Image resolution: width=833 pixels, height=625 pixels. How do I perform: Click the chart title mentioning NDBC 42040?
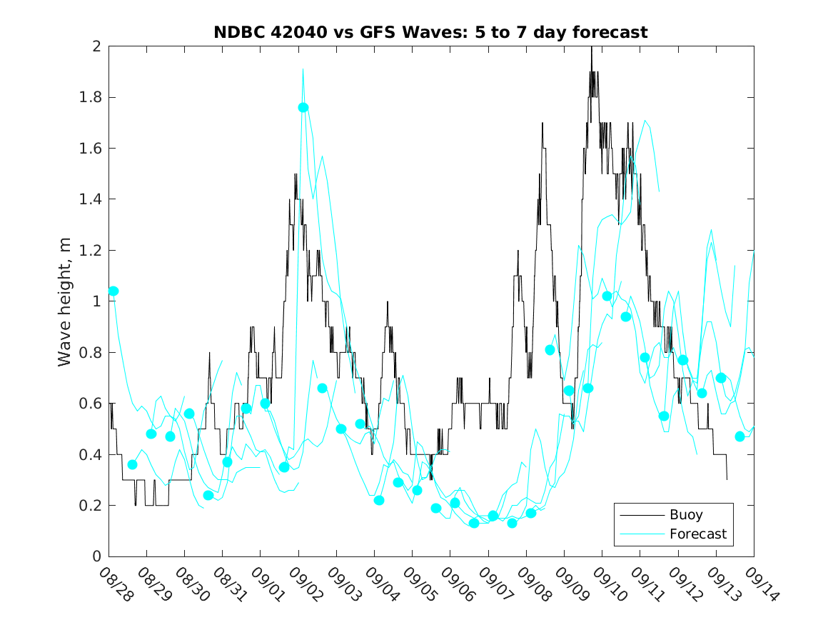[x=430, y=32]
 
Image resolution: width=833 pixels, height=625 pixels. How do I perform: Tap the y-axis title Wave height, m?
[x=65, y=301]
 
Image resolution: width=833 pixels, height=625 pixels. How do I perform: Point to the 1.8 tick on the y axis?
[x=92, y=97]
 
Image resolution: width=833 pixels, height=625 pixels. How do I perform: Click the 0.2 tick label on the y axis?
[x=92, y=506]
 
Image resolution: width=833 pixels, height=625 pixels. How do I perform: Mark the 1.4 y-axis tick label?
[x=92, y=199]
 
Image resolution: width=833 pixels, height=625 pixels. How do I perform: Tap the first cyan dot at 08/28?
[x=113, y=291]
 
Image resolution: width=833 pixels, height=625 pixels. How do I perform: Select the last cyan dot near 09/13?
[x=739, y=436]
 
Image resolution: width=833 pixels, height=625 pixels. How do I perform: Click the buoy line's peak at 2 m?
[x=591, y=47]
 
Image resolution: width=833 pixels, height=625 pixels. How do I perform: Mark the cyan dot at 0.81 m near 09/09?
[x=550, y=350]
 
